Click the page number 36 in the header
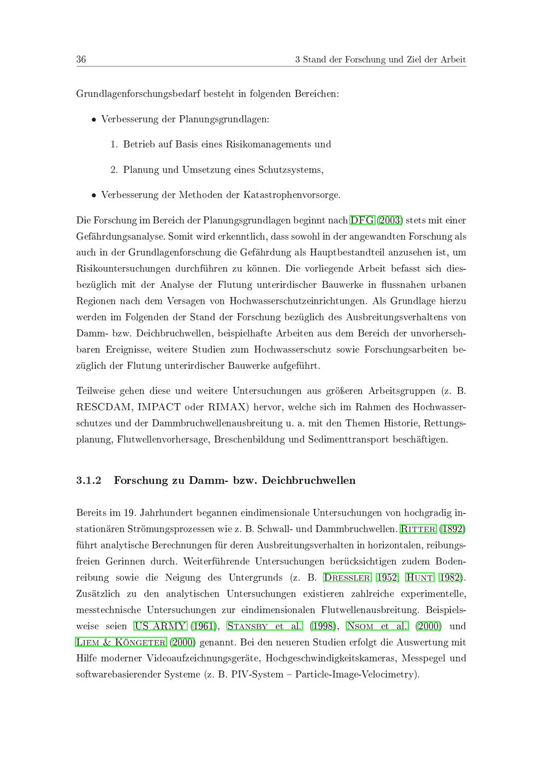pos(81,60)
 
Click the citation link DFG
pos(362,221)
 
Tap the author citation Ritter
pos(418,529)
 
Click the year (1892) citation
pos(453,529)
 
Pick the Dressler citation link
pos(347,577)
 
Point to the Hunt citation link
pos(419,577)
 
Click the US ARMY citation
pos(160,626)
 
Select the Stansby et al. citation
pos(264,626)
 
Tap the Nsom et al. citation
pos(377,626)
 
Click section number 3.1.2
pos(89,481)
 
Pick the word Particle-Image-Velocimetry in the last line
pos(356,675)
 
